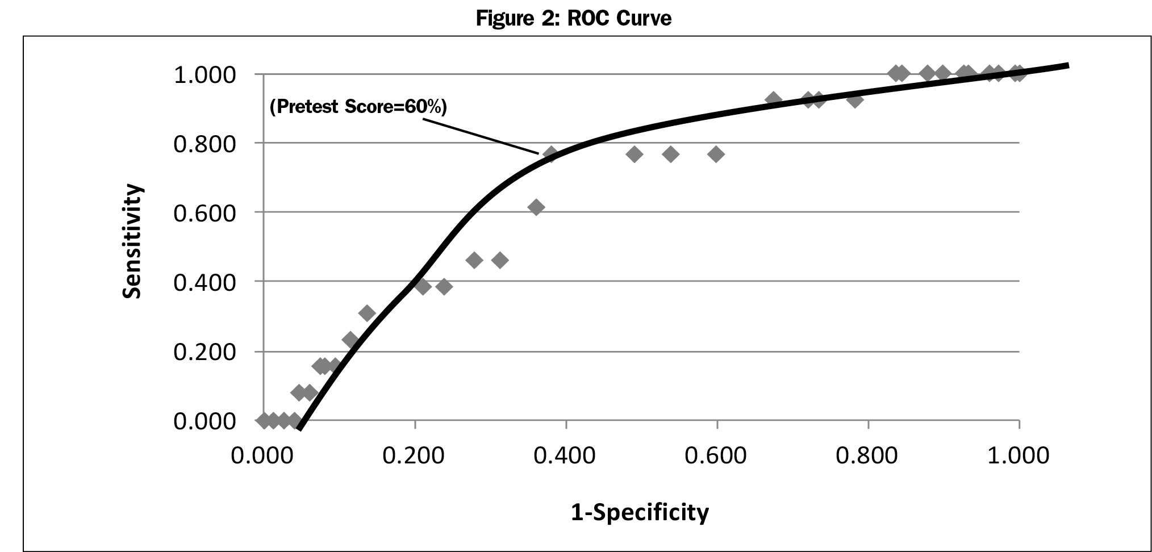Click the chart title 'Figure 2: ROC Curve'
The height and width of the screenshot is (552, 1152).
(x=573, y=19)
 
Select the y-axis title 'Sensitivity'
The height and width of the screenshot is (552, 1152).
(x=132, y=241)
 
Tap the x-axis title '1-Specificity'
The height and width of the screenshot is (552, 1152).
(x=640, y=512)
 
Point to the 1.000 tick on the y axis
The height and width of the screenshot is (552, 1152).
(x=204, y=75)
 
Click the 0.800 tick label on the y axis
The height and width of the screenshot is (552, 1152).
(x=204, y=144)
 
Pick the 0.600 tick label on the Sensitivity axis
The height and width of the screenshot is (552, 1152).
(x=204, y=214)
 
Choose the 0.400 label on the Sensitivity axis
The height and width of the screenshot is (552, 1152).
(x=204, y=283)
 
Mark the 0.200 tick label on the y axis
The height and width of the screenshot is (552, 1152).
(x=204, y=352)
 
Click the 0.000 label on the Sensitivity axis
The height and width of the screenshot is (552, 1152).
(x=204, y=421)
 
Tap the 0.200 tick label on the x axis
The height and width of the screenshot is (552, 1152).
(x=414, y=455)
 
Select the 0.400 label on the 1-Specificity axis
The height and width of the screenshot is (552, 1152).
(x=565, y=455)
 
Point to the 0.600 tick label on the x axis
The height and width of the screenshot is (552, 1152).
(x=716, y=455)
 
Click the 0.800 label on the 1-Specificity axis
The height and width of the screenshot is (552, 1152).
(x=867, y=455)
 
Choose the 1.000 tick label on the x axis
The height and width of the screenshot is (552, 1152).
(x=1019, y=455)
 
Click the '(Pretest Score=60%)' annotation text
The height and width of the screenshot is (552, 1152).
(x=358, y=107)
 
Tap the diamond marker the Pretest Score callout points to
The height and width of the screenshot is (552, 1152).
(x=550, y=154)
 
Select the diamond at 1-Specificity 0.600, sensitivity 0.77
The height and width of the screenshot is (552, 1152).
(x=716, y=154)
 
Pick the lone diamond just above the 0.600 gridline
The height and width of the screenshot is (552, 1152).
(x=536, y=207)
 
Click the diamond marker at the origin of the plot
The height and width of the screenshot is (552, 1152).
(x=264, y=421)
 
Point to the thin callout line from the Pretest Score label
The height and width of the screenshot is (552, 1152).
(x=489, y=135)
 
